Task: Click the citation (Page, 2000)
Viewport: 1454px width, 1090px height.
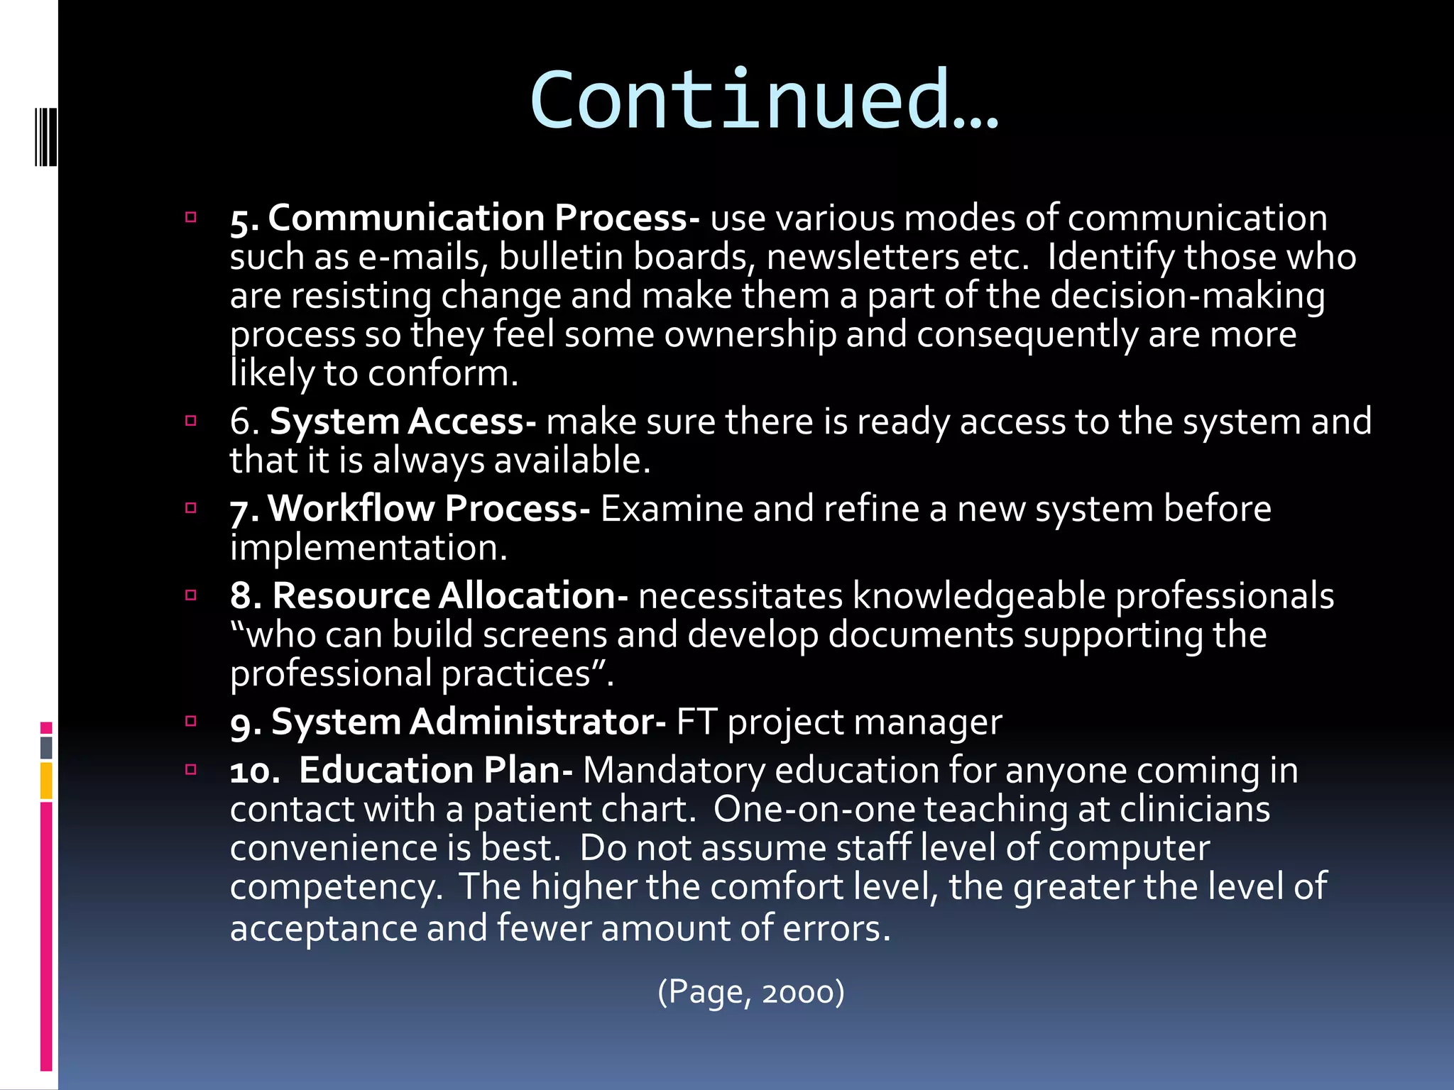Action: [751, 991]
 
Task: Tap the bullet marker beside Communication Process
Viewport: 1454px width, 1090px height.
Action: [190, 217]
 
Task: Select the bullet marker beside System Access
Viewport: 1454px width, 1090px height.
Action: [190, 421]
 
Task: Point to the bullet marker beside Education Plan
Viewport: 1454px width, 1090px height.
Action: [190, 769]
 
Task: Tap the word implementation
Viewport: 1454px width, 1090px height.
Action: [368, 548]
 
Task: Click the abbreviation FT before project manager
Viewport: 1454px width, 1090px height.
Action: [696, 722]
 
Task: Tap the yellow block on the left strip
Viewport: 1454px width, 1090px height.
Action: [46, 780]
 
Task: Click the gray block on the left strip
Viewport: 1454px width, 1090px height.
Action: [46, 747]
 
